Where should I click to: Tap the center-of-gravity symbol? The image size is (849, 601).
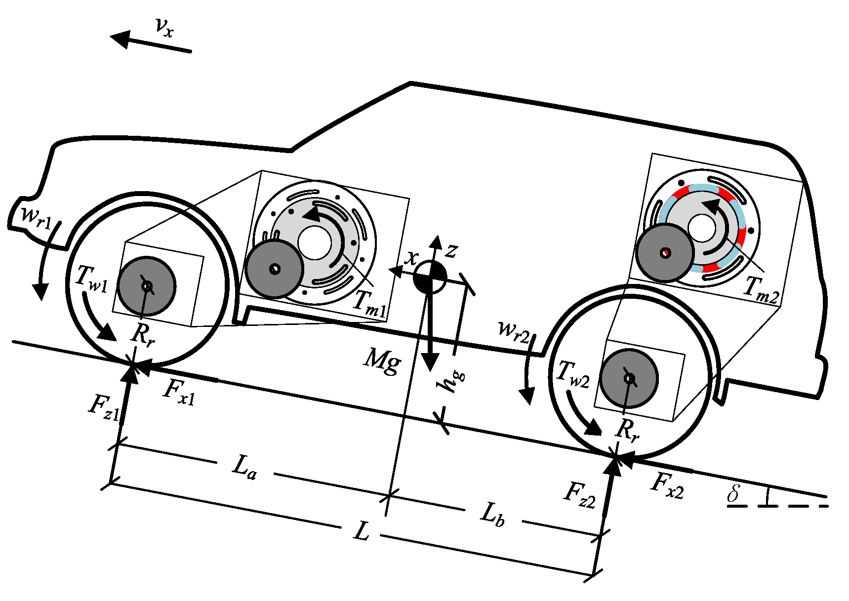point(430,277)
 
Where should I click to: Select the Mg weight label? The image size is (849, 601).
point(382,360)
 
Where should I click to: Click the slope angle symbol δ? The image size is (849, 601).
point(734,493)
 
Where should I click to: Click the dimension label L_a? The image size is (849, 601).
point(244,467)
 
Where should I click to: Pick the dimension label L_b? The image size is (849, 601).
point(492,514)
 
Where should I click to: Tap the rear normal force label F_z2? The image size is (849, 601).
point(580,494)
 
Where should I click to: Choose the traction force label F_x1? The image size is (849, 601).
point(179,392)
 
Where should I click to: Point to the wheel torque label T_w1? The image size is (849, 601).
point(91,279)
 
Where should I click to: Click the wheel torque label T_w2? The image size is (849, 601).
point(572,374)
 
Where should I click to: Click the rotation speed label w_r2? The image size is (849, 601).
point(514,331)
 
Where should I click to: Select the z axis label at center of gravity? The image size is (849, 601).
point(450,251)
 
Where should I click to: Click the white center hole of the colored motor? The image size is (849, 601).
point(701,228)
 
